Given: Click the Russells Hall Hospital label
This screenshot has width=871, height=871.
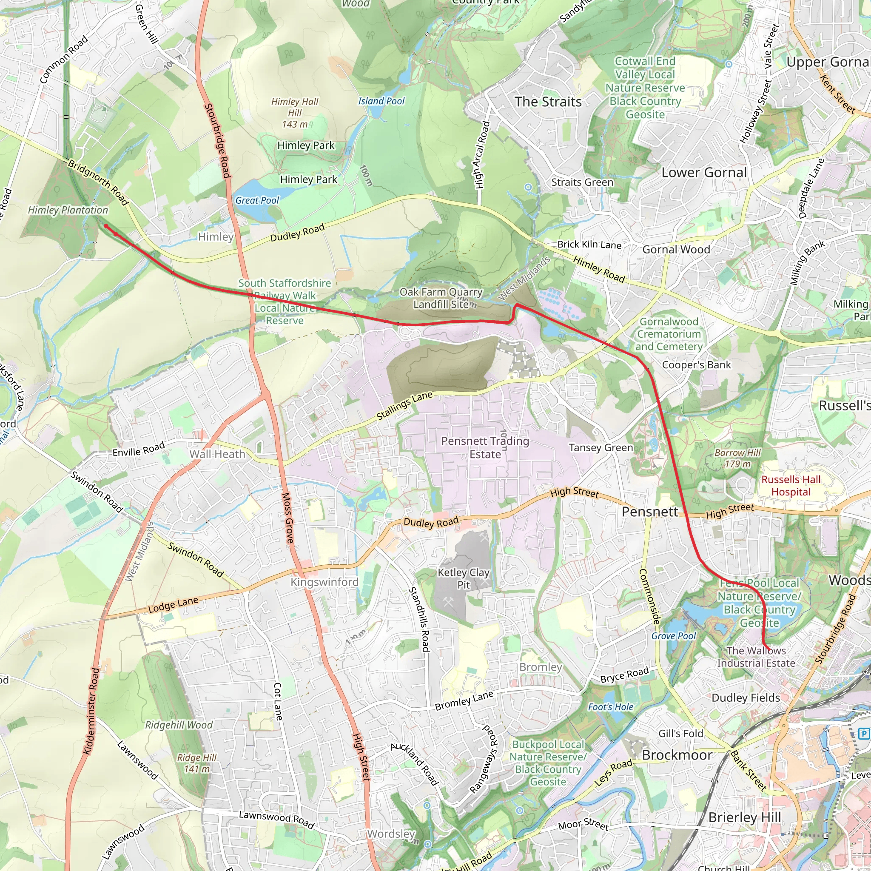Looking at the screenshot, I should click(x=791, y=486).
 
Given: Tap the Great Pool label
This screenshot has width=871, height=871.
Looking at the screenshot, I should click(x=257, y=200).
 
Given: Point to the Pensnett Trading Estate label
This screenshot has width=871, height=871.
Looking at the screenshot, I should click(x=485, y=447).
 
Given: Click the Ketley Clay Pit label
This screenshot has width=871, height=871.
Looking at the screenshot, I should click(x=464, y=578).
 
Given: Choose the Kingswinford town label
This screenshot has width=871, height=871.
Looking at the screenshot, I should click(x=324, y=582).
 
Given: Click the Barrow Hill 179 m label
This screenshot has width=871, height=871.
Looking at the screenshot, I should click(x=737, y=458).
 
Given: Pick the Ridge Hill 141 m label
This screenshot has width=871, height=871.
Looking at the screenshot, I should click(x=196, y=763).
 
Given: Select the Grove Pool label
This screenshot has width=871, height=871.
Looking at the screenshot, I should click(x=674, y=636).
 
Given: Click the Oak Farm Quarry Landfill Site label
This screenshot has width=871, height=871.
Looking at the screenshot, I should click(x=441, y=298).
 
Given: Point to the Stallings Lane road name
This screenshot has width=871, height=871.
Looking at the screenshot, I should click(x=404, y=406).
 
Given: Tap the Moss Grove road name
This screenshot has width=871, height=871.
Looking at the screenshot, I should click(x=287, y=518).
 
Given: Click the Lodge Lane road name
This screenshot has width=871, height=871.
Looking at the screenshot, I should click(x=173, y=605).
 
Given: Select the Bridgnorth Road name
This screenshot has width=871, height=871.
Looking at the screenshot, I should click(x=98, y=182).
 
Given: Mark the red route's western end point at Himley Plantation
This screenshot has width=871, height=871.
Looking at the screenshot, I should click(x=105, y=226).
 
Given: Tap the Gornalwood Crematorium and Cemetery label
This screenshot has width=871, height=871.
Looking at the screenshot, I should click(x=669, y=334).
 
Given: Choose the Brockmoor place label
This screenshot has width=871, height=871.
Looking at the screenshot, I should click(x=677, y=755).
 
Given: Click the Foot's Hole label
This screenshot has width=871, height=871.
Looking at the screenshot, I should click(x=610, y=707).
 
